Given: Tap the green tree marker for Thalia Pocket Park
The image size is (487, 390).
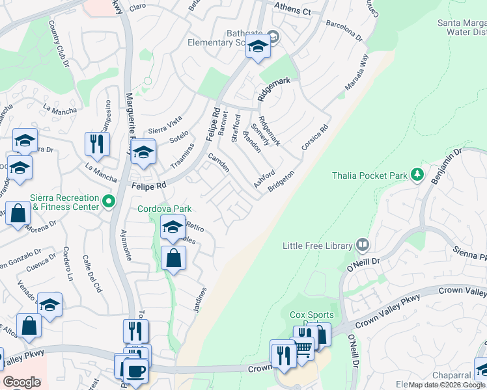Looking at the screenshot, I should pos(417,175).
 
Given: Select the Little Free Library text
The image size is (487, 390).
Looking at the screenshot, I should pos(317,246).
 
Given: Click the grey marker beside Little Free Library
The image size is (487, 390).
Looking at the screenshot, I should pos(363,246).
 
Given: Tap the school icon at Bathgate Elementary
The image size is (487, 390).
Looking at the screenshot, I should pos(258,47).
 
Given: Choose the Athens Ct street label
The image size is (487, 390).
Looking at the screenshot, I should pos(293,11).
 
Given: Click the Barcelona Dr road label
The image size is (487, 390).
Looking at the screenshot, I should pos(344,30).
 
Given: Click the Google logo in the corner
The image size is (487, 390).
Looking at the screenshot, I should pos(21,382).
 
